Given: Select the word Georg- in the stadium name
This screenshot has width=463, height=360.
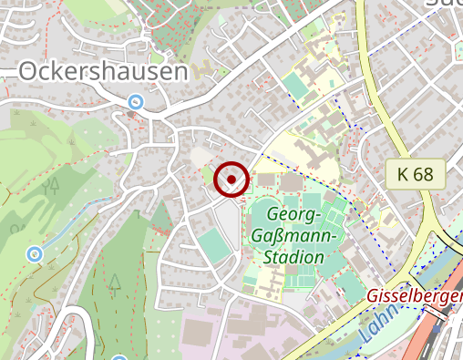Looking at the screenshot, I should click(294, 215).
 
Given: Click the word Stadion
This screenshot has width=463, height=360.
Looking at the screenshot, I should click(293, 257).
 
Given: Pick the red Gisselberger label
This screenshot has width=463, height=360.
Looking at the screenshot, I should click(415, 296).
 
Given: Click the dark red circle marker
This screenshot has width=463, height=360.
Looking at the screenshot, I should click(231, 180).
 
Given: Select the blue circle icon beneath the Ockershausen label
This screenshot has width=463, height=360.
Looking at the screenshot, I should click(136, 102).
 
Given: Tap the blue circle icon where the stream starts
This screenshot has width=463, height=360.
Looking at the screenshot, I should click(35, 253).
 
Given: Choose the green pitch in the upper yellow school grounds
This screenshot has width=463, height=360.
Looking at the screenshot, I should click(297, 86).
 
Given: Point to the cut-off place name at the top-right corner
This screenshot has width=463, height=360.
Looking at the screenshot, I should click(445, 5).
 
